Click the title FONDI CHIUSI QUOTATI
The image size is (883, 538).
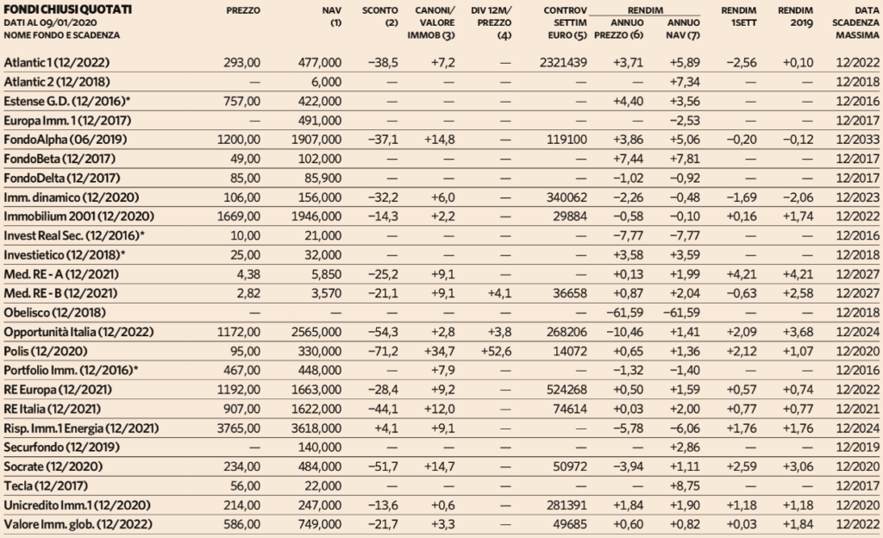click(x=67, y=9)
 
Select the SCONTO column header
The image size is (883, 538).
click(x=380, y=10)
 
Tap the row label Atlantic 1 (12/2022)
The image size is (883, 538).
click(x=57, y=62)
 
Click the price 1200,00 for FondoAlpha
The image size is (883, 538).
click(x=239, y=140)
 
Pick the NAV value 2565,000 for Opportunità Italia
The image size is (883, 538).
click(x=316, y=332)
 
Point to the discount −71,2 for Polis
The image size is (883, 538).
click(x=383, y=351)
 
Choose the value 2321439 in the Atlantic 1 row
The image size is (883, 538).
click(x=563, y=62)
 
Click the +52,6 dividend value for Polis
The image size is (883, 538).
click(x=497, y=351)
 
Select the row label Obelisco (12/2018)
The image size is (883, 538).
click(x=54, y=313)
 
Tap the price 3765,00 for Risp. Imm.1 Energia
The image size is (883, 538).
click(x=239, y=429)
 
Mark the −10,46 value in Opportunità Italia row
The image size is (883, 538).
click(x=624, y=332)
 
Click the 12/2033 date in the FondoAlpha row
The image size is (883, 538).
click(x=858, y=140)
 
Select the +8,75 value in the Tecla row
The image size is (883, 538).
click(x=685, y=486)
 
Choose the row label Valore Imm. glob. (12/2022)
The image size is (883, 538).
click(x=78, y=524)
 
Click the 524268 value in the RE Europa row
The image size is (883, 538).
click(x=567, y=390)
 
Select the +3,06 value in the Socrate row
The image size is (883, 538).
click(x=798, y=466)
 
